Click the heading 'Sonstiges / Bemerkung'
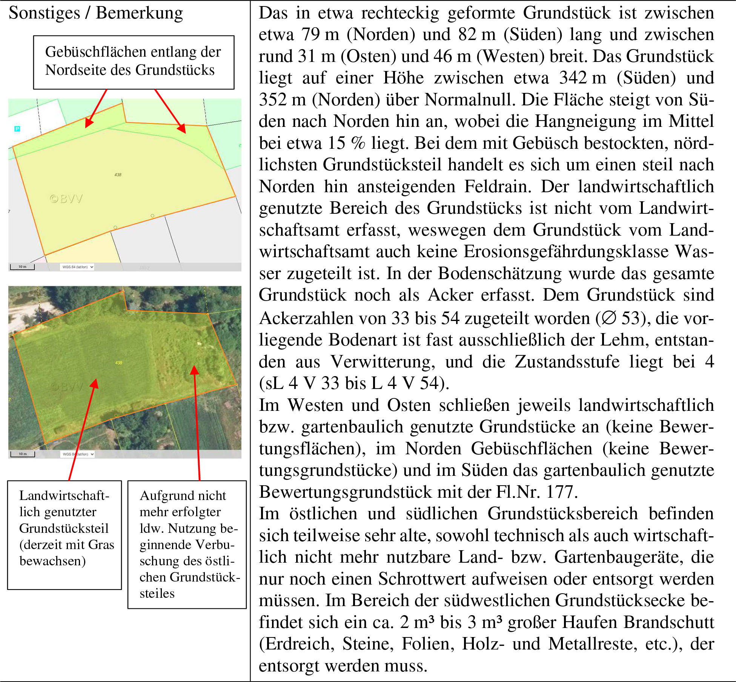95,13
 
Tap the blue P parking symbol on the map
17,129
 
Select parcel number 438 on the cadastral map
118,175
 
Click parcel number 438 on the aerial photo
118,363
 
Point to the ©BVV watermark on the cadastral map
66,199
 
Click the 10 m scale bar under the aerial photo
23,454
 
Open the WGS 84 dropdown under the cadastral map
77,267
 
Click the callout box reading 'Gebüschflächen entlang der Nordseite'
134,62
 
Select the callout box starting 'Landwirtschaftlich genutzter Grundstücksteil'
65,534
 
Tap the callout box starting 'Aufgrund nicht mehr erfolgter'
187,544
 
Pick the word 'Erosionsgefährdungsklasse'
566,252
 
